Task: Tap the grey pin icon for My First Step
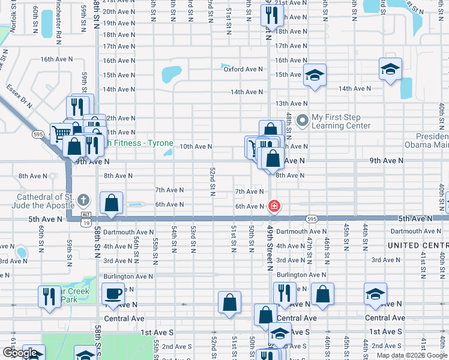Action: (x=302, y=121)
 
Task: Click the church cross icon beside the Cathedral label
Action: (x=83, y=200)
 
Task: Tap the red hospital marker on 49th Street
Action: (x=274, y=206)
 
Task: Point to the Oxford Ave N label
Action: (x=243, y=69)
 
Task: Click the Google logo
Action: (x=20, y=353)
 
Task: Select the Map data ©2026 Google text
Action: (x=412, y=355)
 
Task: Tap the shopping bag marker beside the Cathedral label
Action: (x=112, y=203)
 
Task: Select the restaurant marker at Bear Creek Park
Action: (x=49, y=296)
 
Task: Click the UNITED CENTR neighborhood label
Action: (x=418, y=245)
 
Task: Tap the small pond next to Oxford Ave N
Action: (x=226, y=65)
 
